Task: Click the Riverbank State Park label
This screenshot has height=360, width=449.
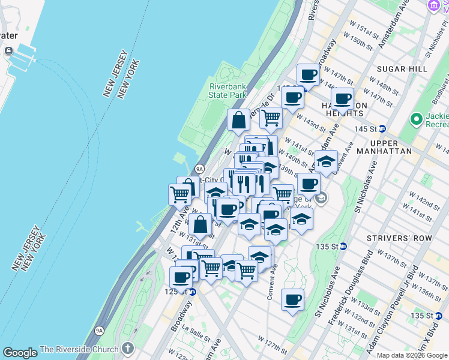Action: pyautogui.click(x=228, y=90)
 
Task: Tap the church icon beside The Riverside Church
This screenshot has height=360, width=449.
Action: pyautogui.click(x=127, y=349)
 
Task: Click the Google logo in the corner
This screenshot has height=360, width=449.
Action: pyautogui.click(x=20, y=353)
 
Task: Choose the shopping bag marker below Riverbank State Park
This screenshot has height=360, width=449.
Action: pyautogui.click(x=239, y=119)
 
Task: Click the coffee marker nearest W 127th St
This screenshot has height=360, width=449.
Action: pyautogui.click(x=292, y=300)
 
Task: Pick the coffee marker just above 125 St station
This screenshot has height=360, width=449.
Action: pyautogui.click(x=181, y=278)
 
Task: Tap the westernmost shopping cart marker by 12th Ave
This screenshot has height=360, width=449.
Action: pyautogui.click(x=180, y=194)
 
